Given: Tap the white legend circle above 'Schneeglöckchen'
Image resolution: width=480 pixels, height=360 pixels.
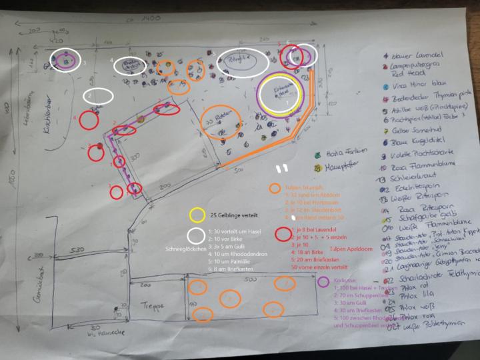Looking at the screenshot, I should coord(196,235).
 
